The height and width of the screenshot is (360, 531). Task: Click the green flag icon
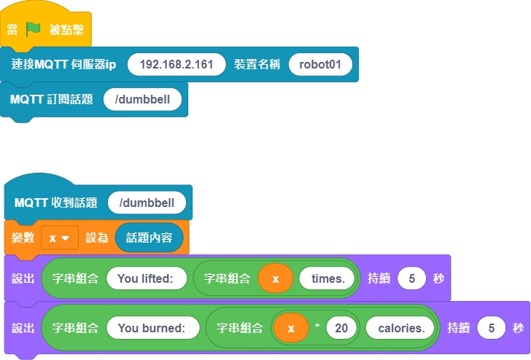pos(34,29)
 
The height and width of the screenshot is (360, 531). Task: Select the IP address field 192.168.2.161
pos(176,64)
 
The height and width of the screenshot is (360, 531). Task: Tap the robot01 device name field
pos(320,64)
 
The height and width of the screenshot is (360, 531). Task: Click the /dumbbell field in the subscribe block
pos(143,99)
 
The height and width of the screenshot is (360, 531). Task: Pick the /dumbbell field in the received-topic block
pos(147,203)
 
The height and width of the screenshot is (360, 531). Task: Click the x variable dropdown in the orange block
pos(59,238)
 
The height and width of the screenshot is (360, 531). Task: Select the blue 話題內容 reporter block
pos(149,238)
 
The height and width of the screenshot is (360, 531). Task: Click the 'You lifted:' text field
pos(147,278)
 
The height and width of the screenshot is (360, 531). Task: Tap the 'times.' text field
pos(327,278)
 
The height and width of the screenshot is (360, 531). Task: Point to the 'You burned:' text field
pos(153,328)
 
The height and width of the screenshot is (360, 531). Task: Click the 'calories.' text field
pos(400,328)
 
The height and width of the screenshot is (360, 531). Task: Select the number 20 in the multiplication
pos(341,328)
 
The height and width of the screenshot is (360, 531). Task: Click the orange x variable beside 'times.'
pos(276,278)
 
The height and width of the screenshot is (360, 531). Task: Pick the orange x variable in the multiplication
pos(291,328)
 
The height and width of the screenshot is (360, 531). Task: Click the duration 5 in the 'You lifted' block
pos(412,278)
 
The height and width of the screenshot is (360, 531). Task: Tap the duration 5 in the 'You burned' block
pos(492,328)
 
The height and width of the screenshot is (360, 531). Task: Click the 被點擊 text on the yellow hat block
pos(66,29)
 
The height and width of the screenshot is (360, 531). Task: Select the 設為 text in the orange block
pos(97,238)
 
